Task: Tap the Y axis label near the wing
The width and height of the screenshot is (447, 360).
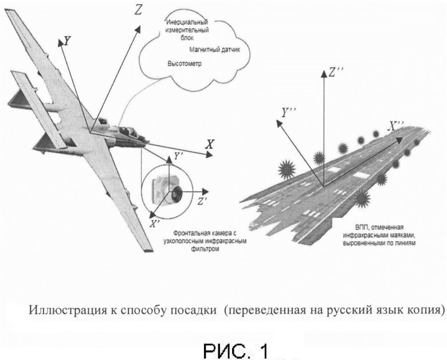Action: point(68,41)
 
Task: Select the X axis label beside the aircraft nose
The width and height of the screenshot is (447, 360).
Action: point(210,146)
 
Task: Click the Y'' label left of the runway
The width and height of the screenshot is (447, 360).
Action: point(288,111)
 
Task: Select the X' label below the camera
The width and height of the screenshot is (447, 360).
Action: point(153,224)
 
